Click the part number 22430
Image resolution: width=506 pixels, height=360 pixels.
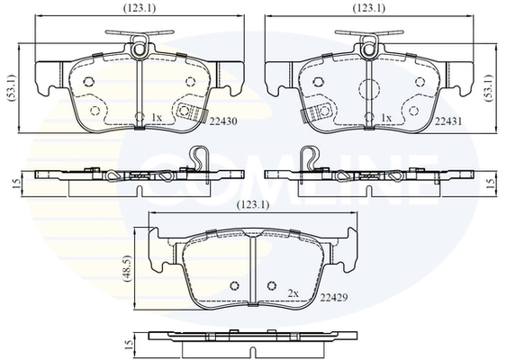coord(223,121)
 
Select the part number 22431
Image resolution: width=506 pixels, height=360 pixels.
coord(448,121)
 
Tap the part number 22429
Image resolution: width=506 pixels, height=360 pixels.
coord(334,297)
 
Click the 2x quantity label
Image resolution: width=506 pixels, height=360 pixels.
coord(294,293)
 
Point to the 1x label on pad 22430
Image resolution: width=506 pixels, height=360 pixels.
coord(157,118)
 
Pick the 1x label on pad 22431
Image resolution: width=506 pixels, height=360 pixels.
coord(386,119)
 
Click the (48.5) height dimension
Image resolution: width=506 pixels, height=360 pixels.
coord(127,269)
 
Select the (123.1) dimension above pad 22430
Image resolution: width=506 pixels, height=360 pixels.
coord(140,8)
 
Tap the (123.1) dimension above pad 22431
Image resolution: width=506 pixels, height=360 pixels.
coord(369,8)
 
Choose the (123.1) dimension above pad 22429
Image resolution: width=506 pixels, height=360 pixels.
coord(253,205)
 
